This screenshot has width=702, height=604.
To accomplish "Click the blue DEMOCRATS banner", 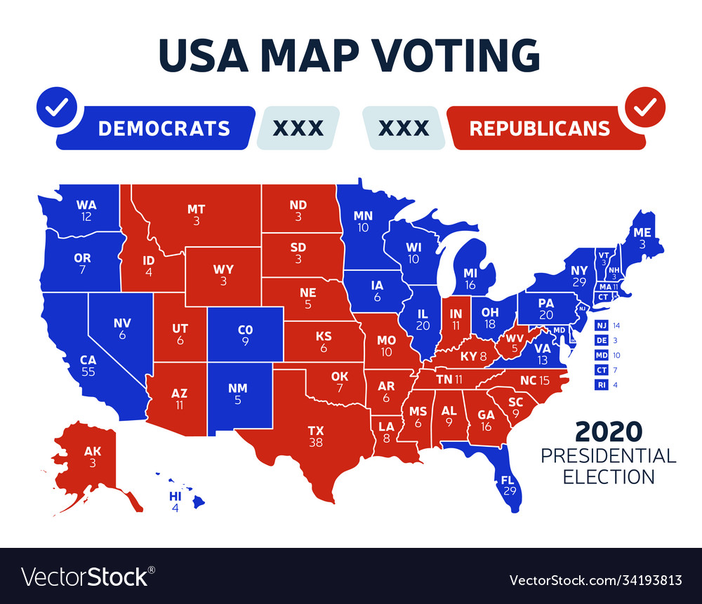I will click(164, 128).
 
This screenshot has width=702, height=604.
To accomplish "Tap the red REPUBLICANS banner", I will click(539, 128).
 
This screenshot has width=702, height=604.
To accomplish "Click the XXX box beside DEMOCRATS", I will click(298, 128).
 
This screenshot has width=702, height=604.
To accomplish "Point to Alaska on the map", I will click(91, 456).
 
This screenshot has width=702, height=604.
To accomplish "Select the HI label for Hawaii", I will click(175, 497).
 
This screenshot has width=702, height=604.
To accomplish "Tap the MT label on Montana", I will click(196, 209).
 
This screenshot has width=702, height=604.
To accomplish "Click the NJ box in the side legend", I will click(602, 326).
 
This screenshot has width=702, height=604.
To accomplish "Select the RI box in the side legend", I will click(602, 384).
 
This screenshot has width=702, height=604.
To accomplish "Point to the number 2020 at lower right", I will click(608, 430).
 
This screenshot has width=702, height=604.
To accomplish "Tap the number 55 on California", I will click(88, 372).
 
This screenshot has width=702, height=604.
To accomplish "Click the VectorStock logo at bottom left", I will click(85, 576).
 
